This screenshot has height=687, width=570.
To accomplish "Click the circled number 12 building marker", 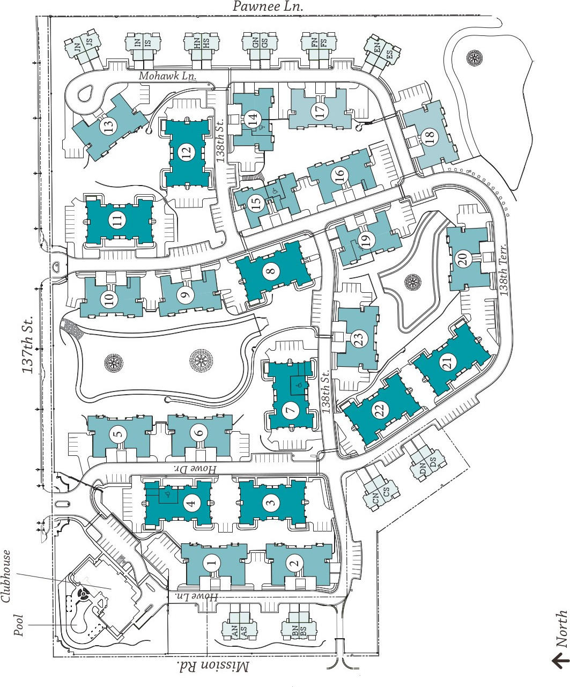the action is coord(186,153).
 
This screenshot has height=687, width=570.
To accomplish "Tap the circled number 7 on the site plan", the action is coord(290,411).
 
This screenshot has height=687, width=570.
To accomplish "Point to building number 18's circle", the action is coord(430,138).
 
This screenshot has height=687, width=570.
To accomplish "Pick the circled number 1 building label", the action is coord(211,562).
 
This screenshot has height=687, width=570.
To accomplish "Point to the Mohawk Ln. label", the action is coord(167,76).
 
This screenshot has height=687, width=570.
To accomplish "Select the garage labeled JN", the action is coord(78,47).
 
